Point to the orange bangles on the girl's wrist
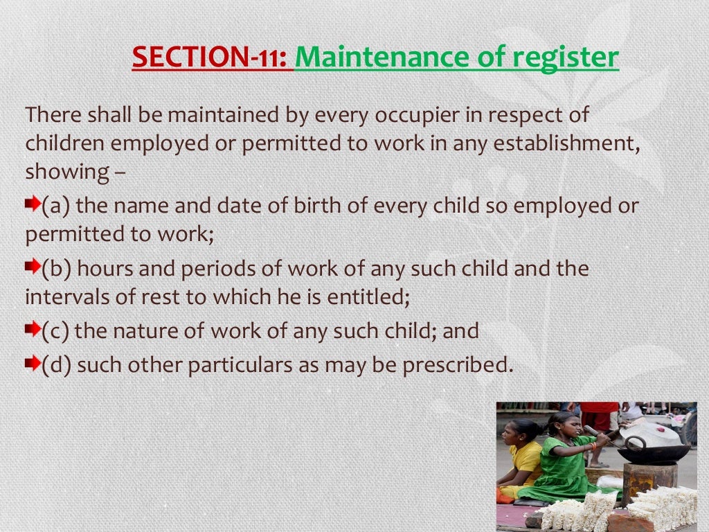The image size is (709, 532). click(593, 447)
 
